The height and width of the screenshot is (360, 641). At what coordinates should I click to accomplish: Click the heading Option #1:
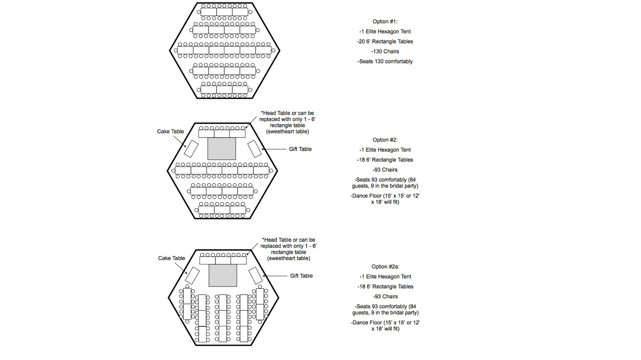(385, 22)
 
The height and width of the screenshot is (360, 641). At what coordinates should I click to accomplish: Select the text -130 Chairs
(385, 52)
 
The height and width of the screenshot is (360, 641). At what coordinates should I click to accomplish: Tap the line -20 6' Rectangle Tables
(385, 42)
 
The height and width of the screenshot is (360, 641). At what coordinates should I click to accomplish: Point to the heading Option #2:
(385, 140)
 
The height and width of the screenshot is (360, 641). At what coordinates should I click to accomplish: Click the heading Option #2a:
(385, 267)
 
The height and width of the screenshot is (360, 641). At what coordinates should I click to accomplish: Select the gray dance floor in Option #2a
(223, 275)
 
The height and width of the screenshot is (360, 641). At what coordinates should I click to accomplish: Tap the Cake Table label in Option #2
(170, 132)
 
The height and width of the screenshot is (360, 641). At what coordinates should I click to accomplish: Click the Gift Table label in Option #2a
(301, 276)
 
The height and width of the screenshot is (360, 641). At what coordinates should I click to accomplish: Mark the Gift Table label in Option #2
(300, 149)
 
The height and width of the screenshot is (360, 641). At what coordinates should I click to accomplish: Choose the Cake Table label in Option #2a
(171, 258)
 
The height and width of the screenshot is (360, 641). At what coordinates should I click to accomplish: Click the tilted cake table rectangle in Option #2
(191, 149)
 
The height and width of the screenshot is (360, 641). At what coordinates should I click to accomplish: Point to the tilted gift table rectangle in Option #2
(255, 149)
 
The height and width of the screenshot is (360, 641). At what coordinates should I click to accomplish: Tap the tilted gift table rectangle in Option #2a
(256, 276)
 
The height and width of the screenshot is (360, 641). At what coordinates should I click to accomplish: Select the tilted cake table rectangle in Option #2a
(192, 276)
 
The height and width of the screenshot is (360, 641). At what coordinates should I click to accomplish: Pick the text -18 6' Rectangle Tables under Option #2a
(385, 287)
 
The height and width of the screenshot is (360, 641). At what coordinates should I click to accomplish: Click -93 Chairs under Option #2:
(385, 170)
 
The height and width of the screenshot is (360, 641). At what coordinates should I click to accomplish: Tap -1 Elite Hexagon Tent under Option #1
(385, 32)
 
